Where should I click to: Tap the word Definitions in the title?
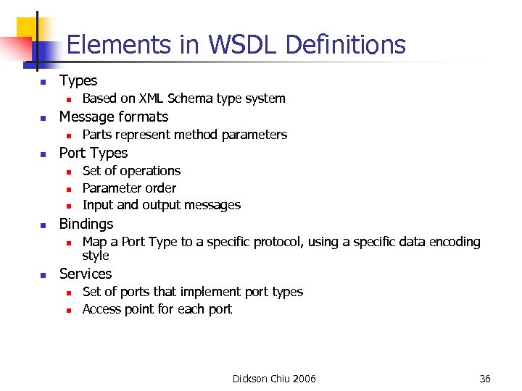click(345, 45)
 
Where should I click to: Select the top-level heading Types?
click(78, 80)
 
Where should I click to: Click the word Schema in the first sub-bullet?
click(190, 98)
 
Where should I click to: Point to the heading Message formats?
click(113, 117)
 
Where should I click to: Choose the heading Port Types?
click(93, 153)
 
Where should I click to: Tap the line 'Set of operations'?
click(131, 171)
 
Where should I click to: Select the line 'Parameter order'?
click(129, 188)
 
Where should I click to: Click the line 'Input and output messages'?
click(161, 205)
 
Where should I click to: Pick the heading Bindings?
click(86, 224)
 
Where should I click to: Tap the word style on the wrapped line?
click(96, 256)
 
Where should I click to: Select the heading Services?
click(86, 274)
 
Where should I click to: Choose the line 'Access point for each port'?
click(157, 309)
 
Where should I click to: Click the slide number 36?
click(485, 379)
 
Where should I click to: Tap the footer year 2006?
click(302, 379)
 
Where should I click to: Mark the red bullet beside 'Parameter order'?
click(67, 189)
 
